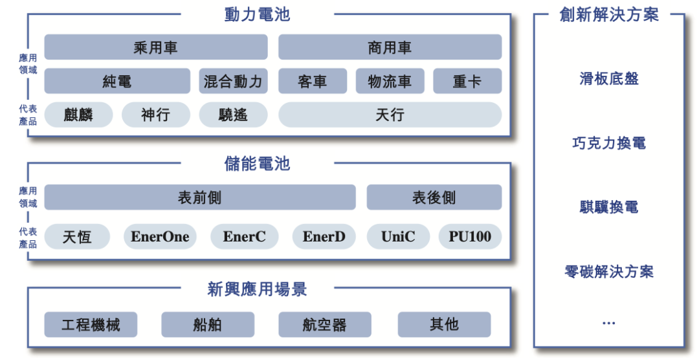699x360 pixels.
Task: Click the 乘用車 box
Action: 156,47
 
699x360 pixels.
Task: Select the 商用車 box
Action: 390,47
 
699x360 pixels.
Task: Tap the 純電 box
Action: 117,81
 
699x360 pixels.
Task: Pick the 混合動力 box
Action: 233,81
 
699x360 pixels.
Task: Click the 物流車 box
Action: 390,81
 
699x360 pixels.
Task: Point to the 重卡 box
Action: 468,81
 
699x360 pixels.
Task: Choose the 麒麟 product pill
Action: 78,115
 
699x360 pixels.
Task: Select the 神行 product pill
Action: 156,115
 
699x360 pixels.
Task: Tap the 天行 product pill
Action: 390,115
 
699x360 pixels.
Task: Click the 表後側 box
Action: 434,197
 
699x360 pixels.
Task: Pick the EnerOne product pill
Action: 160,236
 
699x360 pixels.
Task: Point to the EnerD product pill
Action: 324,236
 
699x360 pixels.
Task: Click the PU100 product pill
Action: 471,236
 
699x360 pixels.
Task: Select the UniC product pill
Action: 399,236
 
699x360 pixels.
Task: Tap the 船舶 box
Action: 208,324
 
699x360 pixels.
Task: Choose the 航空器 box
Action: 325,324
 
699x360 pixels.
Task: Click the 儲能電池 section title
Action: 257,164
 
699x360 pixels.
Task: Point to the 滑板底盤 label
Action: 609,79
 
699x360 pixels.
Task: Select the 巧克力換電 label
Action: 609,142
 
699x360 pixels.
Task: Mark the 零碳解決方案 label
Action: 609,271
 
